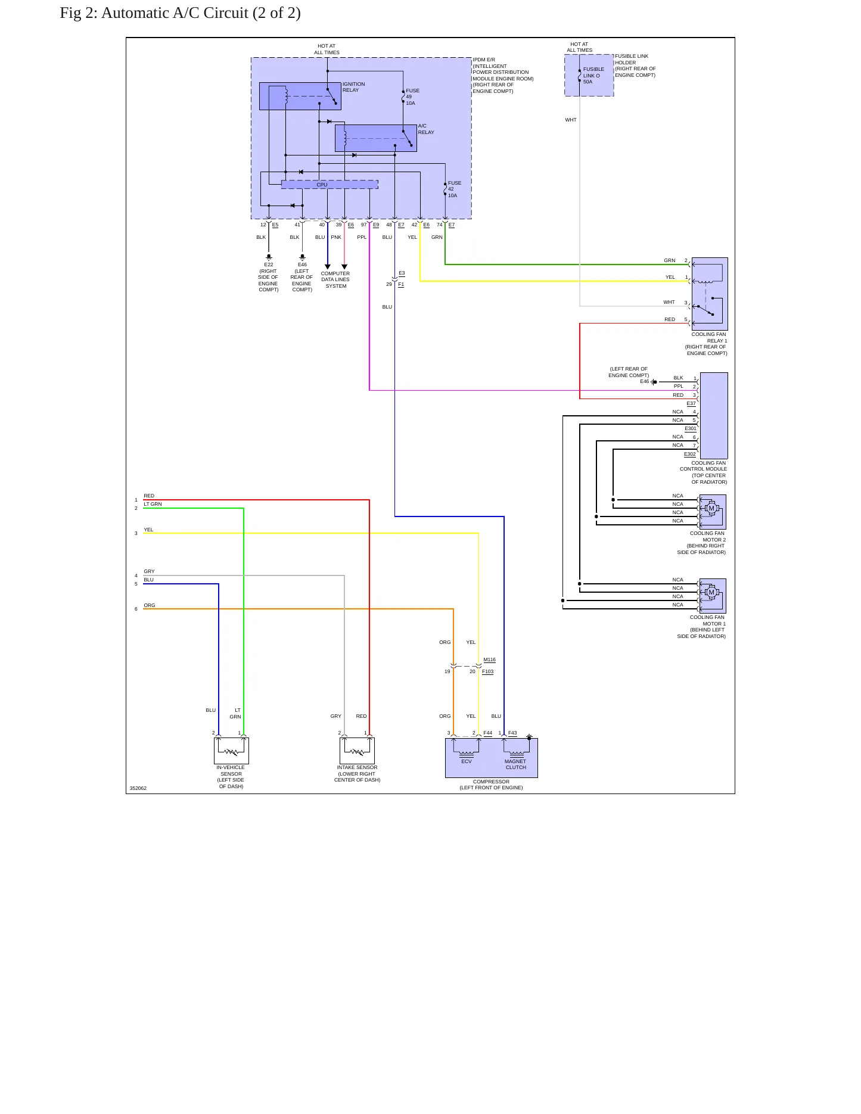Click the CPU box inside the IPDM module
click(x=330, y=185)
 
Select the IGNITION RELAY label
click(x=354, y=87)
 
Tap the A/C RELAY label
click(x=426, y=129)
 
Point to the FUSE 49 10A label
click(x=412, y=97)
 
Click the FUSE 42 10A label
click(x=455, y=189)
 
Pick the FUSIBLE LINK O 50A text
click(x=593, y=76)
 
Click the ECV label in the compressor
click(x=467, y=761)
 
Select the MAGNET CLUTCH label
click(x=515, y=764)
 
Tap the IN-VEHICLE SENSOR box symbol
click(x=231, y=751)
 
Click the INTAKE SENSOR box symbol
click(x=357, y=751)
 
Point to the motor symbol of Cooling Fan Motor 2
click(x=711, y=509)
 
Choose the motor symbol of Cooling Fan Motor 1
click(x=711, y=593)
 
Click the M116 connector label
click(x=489, y=660)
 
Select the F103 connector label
click(x=487, y=671)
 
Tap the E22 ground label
click(x=269, y=265)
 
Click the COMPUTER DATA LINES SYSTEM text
click(x=335, y=280)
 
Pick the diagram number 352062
click(x=138, y=788)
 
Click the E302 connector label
click(x=690, y=454)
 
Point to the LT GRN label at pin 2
click(x=153, y=504)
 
